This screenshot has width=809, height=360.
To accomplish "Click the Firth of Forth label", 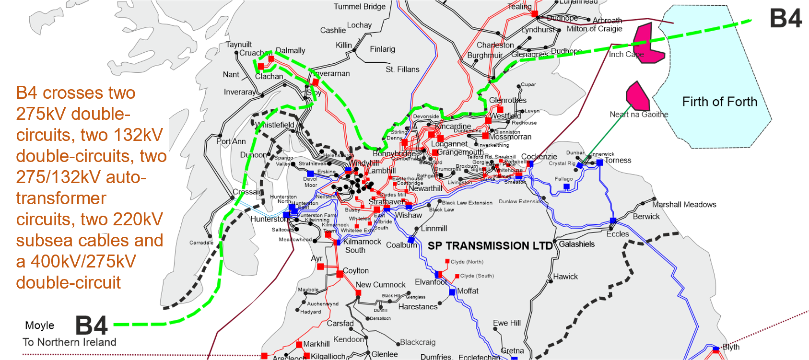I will (719, 102).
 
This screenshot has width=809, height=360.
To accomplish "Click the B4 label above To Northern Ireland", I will (92, 326).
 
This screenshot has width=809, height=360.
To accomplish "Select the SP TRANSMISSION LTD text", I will (490, 246).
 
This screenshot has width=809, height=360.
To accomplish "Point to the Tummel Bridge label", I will (360, 7).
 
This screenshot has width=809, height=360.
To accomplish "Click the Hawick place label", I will (565, 277).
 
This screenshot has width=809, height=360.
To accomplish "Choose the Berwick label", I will (646, 217).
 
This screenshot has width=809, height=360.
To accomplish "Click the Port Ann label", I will (231, 141).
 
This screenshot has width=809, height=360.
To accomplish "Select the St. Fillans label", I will (402, 70).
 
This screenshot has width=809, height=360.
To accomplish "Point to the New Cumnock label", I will (380, 285).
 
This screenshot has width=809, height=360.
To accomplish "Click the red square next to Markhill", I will (299, 344).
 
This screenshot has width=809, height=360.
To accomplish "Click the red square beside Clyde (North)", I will (447, 261).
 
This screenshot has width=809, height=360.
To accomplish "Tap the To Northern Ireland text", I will (70, 342).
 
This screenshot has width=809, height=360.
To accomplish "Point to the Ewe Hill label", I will (506, 323).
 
